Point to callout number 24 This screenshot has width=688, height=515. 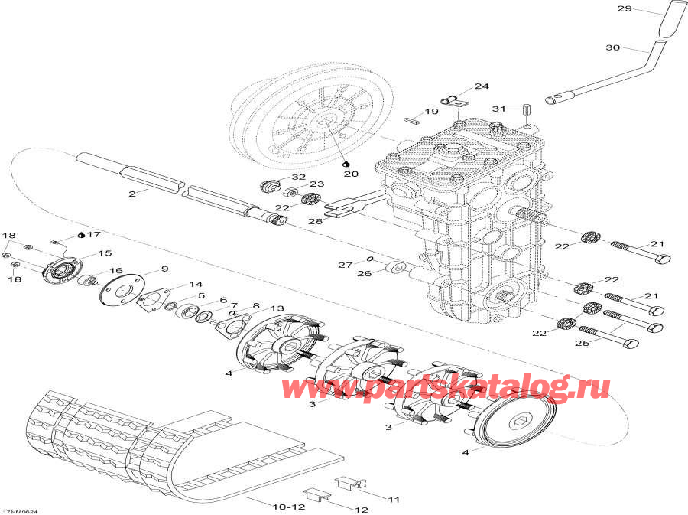click(481, 86)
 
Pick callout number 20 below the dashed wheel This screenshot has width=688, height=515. click(351, 174)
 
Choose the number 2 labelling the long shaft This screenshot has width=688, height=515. click(132, 194)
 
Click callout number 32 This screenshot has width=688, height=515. click(297, 178)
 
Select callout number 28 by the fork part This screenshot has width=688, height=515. click(314, 220)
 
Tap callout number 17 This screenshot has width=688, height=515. click(94, 234)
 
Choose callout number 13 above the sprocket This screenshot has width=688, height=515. click(276, 308)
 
